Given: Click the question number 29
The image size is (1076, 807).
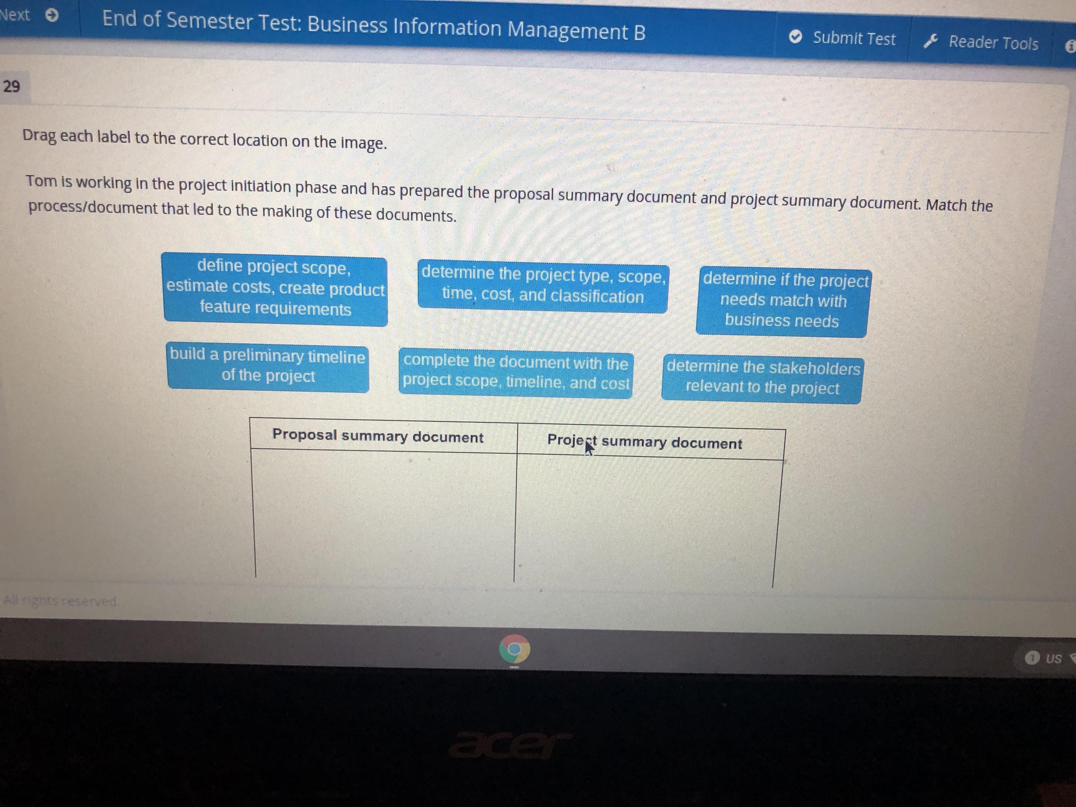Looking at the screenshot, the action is (x=12, y=86).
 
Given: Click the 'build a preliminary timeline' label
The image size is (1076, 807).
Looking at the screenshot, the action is (x=268, y=366).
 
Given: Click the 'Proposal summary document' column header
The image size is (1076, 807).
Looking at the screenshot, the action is (x=378, y=436).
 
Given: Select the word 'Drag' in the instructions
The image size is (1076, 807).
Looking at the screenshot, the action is (x=39, y=136).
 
